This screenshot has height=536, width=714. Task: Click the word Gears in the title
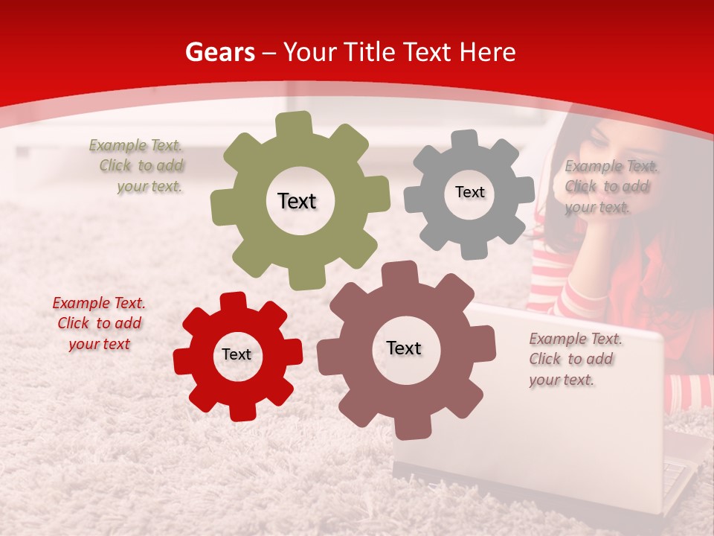coord(219,52)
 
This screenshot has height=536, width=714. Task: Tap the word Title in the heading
coord(370,52)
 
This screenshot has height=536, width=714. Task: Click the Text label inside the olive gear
coord(297,201)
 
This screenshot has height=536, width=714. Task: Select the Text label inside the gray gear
coord(469,192)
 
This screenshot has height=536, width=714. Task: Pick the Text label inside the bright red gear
coord(237,354)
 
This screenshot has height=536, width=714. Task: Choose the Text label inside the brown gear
coord(403,348)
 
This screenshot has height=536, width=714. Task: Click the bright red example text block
coord(99,323)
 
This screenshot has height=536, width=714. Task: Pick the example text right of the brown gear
coord(574,359)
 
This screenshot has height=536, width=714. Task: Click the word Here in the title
coord(487,52)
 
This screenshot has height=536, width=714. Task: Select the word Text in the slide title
coord(426,52)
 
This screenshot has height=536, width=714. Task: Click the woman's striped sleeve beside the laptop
coord(690,391)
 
